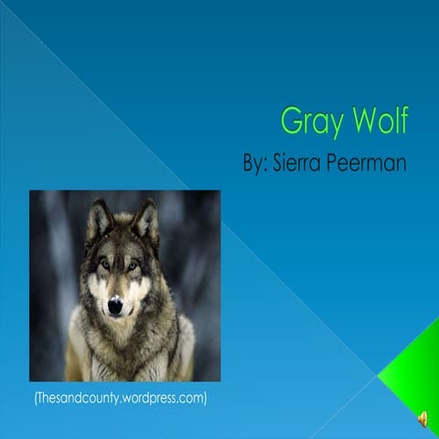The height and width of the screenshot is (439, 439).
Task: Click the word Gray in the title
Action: click(x=308, y=121)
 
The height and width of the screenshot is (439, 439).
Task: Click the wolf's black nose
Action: click(x=115, y=306)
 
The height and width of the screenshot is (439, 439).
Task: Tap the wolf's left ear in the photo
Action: click(x=97, y=220)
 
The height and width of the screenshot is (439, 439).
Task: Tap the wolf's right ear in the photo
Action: click(x=145, y=219)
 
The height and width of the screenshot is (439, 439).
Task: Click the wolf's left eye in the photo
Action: click(x=104, y=265)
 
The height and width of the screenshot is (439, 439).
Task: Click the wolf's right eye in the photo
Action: click(x=134, y=265)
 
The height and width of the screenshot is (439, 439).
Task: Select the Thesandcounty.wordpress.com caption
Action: click(x=119, y=398)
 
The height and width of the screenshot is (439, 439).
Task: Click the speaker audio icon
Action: click(x=423, y=419)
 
